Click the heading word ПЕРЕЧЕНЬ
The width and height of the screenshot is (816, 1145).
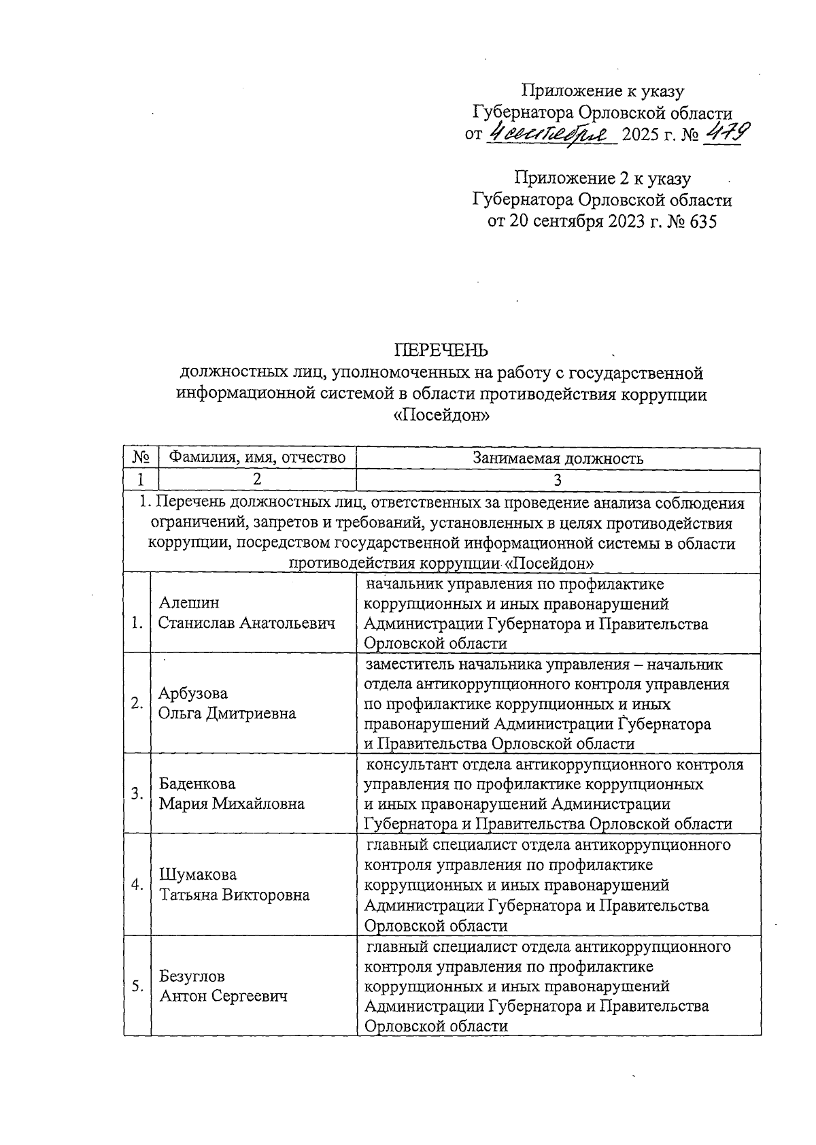click(442, 350)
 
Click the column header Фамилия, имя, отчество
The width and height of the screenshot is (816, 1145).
click(257, 458)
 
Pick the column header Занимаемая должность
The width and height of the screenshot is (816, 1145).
click(558, 458)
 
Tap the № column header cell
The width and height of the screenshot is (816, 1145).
click(141, 458)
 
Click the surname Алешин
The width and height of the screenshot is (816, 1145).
click(189, 603)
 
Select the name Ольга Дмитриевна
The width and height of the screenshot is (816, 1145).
click(227, 713)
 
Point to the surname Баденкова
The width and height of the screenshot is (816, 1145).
click(197, 784)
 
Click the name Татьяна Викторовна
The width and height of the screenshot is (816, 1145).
click(234, 895)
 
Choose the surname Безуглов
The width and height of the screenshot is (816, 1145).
click(192, 976)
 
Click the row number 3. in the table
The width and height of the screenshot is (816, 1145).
click(137, 793)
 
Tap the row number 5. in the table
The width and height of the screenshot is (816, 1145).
click(137, 986)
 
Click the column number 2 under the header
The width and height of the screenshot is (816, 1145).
click(257, 480)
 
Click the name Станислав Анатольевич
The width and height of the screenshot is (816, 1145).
click(247, 623)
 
